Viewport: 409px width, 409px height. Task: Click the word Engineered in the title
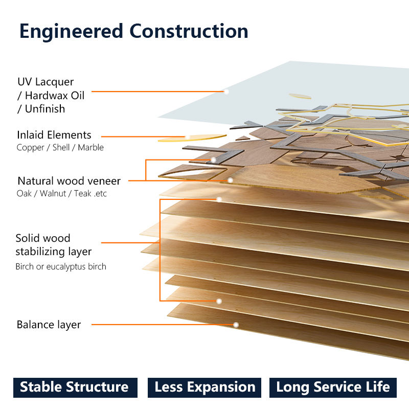71,32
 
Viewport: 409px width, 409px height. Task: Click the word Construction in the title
189,31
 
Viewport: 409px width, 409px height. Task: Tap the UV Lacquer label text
46,82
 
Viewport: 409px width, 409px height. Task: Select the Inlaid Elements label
54,135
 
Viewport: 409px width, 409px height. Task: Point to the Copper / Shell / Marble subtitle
60,147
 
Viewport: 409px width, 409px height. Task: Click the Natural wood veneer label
69,181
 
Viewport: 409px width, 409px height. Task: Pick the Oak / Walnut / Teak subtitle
61,193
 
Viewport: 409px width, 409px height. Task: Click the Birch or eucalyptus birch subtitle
61,266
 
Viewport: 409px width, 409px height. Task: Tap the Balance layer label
49,325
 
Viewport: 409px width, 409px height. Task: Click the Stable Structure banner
75,388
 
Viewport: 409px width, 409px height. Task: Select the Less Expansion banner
204,388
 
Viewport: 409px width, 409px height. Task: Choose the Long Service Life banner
333,388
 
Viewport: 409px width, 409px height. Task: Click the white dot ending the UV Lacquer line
226,92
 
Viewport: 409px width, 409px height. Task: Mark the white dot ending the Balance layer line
236,325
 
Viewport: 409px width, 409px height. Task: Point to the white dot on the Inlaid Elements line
187,137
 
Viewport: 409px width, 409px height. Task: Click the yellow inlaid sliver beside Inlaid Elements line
192,138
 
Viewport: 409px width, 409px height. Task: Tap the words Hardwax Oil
55,96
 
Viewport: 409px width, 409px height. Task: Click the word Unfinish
45,109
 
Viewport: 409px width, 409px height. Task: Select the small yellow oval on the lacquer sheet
300,96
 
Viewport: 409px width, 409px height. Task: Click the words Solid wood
43,238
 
